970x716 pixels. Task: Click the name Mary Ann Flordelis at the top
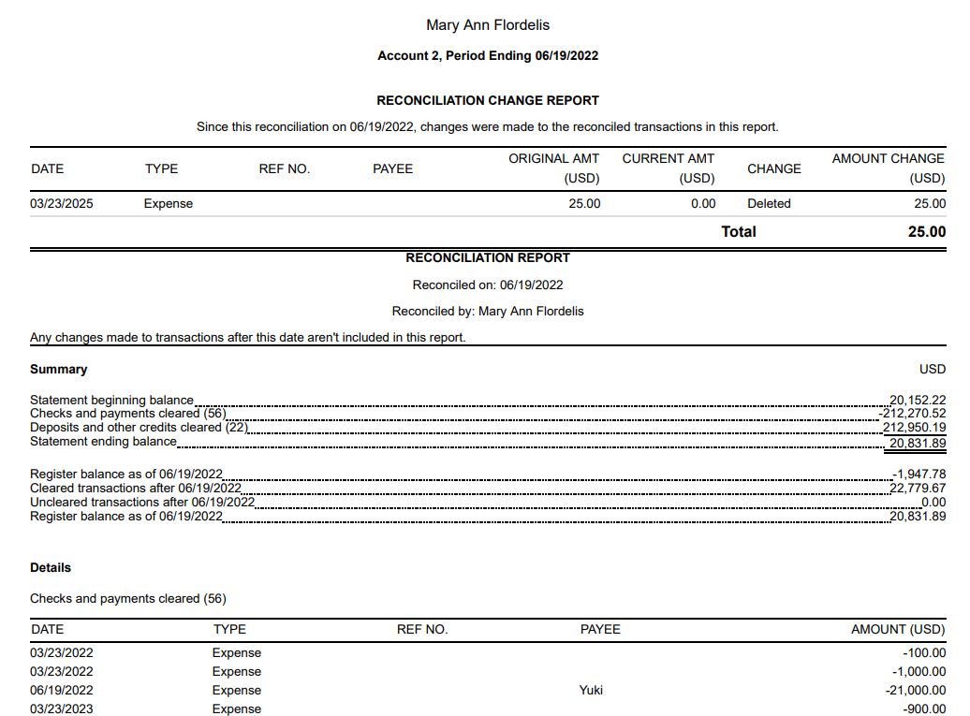(487, 25)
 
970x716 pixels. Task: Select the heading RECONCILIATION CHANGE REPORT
(487, 100)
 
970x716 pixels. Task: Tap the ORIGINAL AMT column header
(553, 159)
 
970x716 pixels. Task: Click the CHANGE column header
(773, 168)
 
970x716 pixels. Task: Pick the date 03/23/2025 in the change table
(62, 203)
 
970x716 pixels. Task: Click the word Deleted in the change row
(769, 203)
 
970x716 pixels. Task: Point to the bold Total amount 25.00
(926, 231)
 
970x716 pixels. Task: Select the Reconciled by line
(487, 311)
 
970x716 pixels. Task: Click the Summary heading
(58, 369)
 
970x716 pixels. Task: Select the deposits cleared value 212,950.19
(915, 428)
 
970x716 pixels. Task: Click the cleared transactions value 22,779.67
(918, 489)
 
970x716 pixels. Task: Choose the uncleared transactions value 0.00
(933, 503)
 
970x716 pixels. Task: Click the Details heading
(51, 567)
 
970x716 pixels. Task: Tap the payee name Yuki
(591, 690)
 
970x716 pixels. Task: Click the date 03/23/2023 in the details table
(62, 709)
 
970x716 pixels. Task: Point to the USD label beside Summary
(933, 369)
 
